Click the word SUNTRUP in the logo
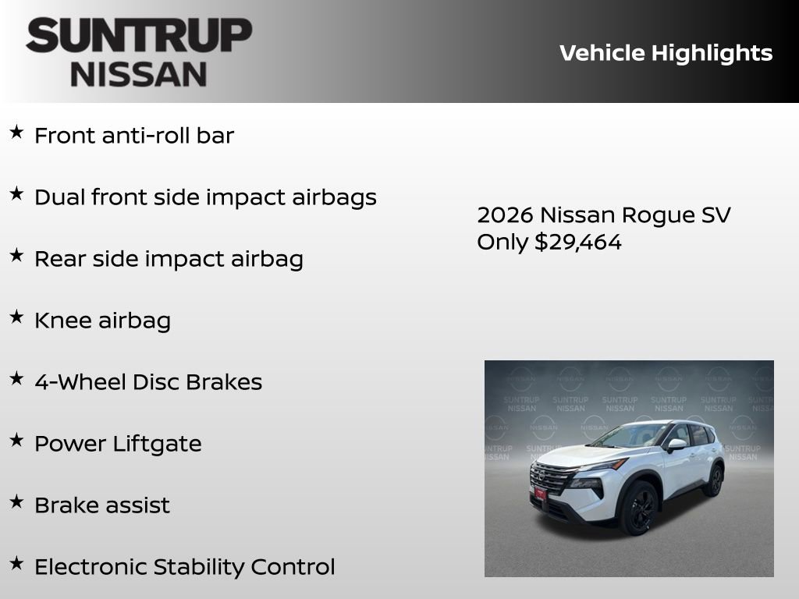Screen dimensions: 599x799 point(139,36)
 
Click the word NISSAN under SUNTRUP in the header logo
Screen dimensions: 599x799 point(139,73)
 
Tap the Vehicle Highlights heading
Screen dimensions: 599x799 point(666,53)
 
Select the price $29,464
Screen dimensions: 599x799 point(578,242)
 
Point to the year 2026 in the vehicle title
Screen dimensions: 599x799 point(505,215)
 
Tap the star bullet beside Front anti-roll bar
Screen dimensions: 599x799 point(16,133)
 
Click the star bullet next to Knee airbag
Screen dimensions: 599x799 point(16,317)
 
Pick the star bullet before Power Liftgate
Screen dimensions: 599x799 point(16,440)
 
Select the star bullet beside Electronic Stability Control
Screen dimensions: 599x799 point(16,563)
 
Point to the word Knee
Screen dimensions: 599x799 point(62,321)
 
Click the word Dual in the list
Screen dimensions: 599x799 point(59,197)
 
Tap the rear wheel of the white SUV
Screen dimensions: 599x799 point(713,480)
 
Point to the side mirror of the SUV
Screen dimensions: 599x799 point(676,445)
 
